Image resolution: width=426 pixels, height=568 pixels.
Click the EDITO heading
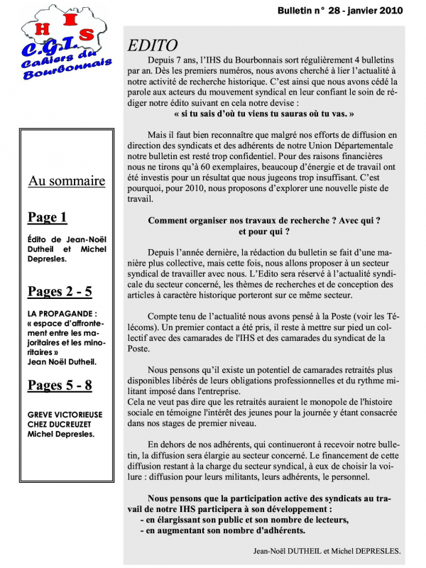click(x=153, y=46)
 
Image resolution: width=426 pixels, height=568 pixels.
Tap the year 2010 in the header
click(x=388, y=11)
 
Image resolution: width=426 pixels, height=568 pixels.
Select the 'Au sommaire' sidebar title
click(x=67, y=181)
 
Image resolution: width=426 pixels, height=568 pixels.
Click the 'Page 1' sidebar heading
click(x=48, y=217)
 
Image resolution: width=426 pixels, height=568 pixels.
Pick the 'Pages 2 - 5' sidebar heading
click(x=60, y=291)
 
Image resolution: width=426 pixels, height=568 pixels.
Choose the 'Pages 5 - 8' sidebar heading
click(x=60, y=386)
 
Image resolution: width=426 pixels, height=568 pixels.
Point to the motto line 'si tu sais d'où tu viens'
click(x=263, y=114)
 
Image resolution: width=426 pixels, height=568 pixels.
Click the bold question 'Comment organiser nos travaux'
click(x=263, y=221)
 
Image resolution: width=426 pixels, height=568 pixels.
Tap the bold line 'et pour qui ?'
click(x=263, y=231)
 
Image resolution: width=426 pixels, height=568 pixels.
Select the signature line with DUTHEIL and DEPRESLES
click(x=327, y=550)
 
